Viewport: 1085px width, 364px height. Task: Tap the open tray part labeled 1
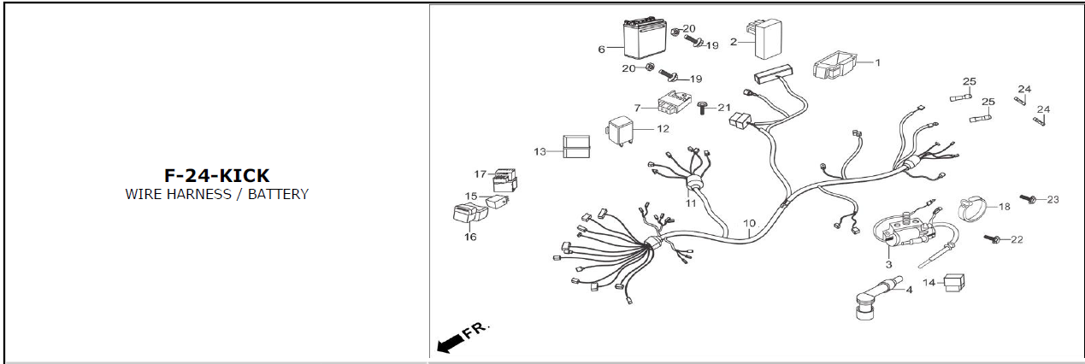pyautogui.click(x=834, y=65)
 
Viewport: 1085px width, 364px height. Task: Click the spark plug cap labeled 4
pyautogui.click(x=875, y=296)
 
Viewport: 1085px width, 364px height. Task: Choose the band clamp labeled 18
pyautogui.click(x=975, y=209)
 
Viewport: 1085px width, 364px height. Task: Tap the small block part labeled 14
pyautogui.click(x=953, y=283)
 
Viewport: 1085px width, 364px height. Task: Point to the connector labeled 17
pyautogui.click(x=504, y=180)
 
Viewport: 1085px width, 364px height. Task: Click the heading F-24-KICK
pyautogui.click(x=216, y=175)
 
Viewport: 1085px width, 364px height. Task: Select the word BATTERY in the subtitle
pyautogui.click(x=278, y=194)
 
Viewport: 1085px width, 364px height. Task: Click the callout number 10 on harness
pyautogui.click(x=749, y=223)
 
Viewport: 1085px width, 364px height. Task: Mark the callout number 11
pyautogui.click(x=691, y=203)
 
